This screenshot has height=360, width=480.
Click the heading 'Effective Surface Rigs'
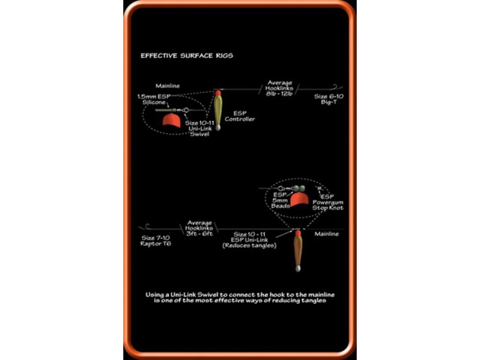187,55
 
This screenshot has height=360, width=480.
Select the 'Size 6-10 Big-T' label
328,98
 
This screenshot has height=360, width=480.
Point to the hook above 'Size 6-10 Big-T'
335,87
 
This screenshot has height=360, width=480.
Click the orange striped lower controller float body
298,251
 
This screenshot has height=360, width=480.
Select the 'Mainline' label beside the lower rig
326,233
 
